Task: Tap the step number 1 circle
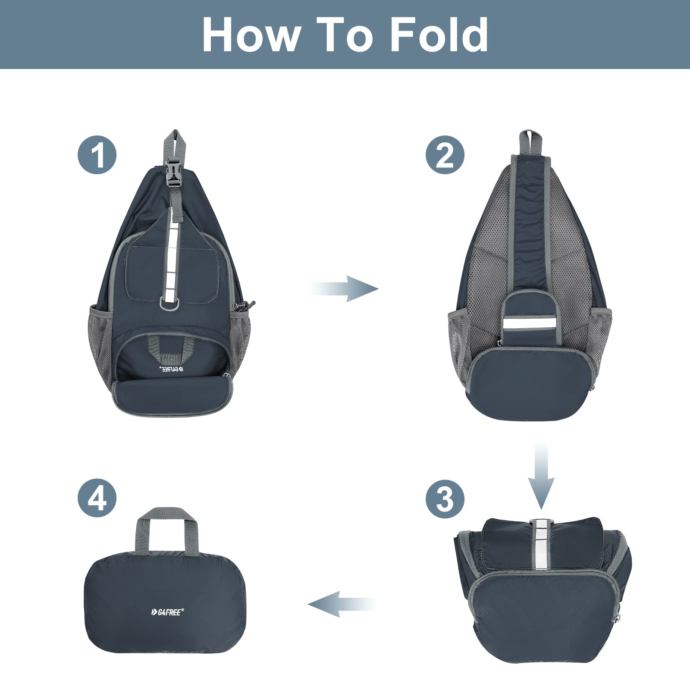click(x=97, y=154)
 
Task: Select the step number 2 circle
click(x=445, y=154)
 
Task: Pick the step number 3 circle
click(x=445, y=499)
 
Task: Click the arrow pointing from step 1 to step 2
click(x=345, y=289)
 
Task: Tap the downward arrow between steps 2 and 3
click(x=541, y=474)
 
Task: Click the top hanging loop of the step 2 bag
click(x=530, y=141)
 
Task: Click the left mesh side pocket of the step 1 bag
click(x=102, y=341)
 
